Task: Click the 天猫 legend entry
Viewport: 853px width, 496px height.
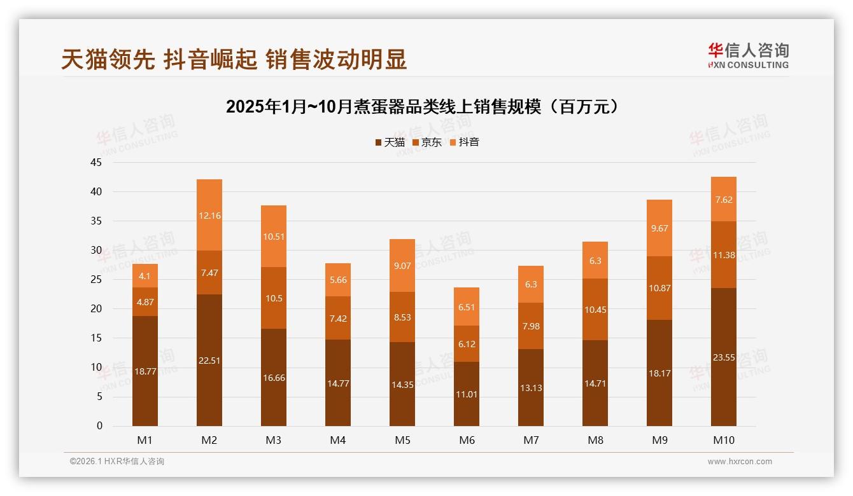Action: coord(390,142)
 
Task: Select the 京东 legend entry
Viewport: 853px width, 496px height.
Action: coord(427,142)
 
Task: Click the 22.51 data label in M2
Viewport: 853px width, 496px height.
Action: coord(209,361)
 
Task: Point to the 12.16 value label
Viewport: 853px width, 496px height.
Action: coord(209,216)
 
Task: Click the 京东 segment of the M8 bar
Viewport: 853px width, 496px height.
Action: coord(595,309)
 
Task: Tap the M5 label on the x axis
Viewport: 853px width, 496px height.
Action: coord(402,440)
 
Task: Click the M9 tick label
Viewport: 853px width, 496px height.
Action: coord(659,440)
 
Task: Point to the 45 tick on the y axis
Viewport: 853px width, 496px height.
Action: coord(96,162)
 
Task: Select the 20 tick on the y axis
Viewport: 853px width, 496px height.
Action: coord(96,309)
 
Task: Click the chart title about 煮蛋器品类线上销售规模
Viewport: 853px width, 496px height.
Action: coord(423,106)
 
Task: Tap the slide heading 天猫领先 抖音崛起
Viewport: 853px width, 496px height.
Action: coord(234,60)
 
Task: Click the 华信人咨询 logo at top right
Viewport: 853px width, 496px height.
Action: coord(748,55)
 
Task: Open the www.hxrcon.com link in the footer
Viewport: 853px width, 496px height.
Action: coord(740,462)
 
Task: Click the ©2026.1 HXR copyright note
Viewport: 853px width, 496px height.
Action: coord(117,462)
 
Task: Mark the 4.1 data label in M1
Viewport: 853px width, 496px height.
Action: coord(145,276)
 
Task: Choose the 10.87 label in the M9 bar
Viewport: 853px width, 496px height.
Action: coord(659,288)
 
